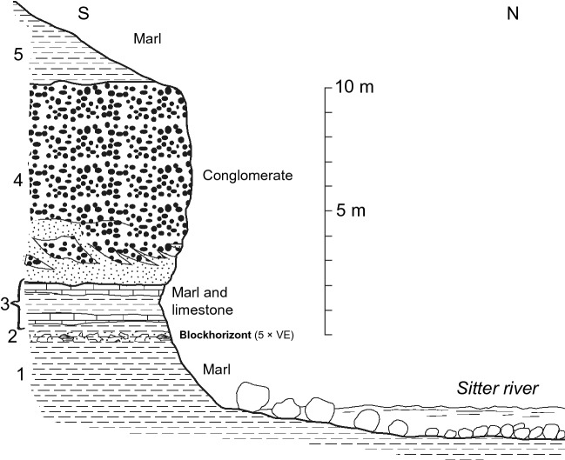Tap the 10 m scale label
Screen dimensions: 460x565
[352, 88]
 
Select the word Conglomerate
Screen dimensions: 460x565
[247, 176]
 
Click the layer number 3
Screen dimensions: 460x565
[8, 303]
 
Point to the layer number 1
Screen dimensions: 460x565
[10, 375]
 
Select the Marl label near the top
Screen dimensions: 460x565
[148, 38]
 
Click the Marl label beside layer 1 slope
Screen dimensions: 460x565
[217, 370]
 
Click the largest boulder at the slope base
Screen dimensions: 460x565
[252, 396]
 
